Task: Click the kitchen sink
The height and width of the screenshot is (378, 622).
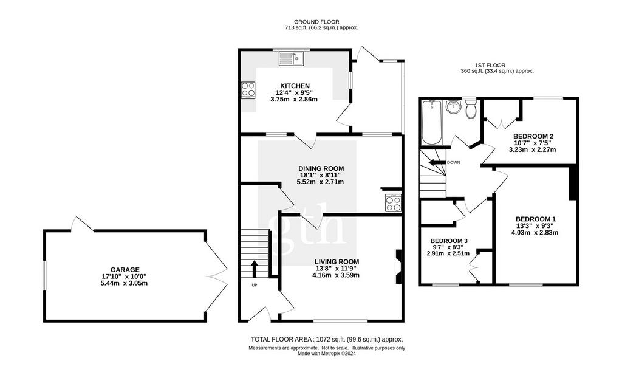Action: (x=291, y=59)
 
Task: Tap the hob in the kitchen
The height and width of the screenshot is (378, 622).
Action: (x=248, y=90)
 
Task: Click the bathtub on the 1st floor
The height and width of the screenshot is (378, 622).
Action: (x=432, y=122)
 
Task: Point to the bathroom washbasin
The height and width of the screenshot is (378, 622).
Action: (x=453, y=106)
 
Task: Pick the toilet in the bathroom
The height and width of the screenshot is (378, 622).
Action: (x=471, y=108)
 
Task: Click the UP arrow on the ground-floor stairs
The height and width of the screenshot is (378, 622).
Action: (x=254, y=269)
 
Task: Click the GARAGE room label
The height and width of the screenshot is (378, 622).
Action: (x=125, y=270)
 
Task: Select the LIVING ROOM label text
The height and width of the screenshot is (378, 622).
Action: (x=337, y=262)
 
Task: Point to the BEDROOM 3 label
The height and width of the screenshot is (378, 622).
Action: (x=449, y=241)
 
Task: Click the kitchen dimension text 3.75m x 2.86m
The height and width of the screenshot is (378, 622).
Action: (x=294, y=99)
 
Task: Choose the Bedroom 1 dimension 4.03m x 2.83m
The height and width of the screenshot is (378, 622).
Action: (x=535, y=232)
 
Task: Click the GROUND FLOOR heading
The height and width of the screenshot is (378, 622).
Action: (x=316, y=22)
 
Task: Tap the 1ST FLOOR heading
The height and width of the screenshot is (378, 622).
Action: (x=490, y=65)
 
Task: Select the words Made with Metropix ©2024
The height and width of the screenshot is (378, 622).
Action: (x=327, y=353)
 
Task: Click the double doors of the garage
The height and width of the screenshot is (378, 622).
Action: (x=216, y=277)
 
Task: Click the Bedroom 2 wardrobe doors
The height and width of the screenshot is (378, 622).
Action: (x=501, y=121)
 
